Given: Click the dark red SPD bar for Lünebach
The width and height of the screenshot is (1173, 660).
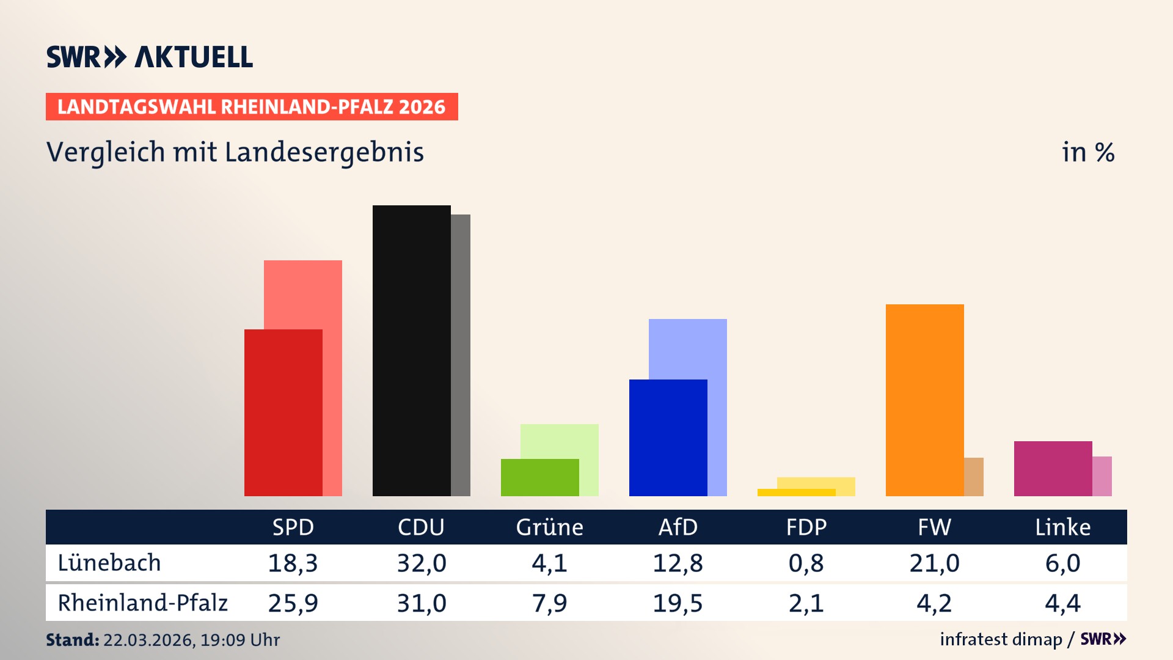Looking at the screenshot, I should tap(283, 413).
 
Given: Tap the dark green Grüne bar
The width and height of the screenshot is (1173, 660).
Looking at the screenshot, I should tap(539, 477).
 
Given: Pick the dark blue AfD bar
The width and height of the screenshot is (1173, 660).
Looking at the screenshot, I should tap(668, 438).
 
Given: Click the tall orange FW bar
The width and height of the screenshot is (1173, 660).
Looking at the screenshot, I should tap(924, 400).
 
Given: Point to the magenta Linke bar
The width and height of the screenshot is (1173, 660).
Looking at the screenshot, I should tap(1053, 468).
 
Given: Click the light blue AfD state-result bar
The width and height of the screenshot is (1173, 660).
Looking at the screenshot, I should tap(688, 348).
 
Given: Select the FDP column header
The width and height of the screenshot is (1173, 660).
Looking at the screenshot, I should tap(806, 527).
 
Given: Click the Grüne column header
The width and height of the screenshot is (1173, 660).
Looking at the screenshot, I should tap(549, 527).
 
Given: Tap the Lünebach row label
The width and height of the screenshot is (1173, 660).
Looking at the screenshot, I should tap(109, 563).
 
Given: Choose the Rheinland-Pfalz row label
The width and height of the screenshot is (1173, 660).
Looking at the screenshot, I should tap(142, 603).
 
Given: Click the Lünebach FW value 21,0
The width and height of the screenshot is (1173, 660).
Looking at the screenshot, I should tap(934, 563).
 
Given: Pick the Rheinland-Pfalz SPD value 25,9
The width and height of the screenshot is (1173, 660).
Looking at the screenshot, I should tap(293, 603).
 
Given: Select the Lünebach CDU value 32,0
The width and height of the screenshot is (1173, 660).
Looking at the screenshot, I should tap(421, 563).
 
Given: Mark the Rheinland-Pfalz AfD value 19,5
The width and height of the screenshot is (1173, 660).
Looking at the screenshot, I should tap(678, 603).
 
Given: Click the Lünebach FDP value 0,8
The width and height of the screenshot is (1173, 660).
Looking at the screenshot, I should tap(806, 563).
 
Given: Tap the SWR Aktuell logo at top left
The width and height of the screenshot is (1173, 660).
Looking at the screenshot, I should tap(149, 57).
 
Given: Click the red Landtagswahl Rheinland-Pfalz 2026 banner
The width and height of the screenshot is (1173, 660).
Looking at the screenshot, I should tap(252, 106).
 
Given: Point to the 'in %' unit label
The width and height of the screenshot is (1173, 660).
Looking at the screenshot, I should tap(1087, 152).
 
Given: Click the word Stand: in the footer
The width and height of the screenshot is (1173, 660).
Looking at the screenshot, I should tap(72, 640).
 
